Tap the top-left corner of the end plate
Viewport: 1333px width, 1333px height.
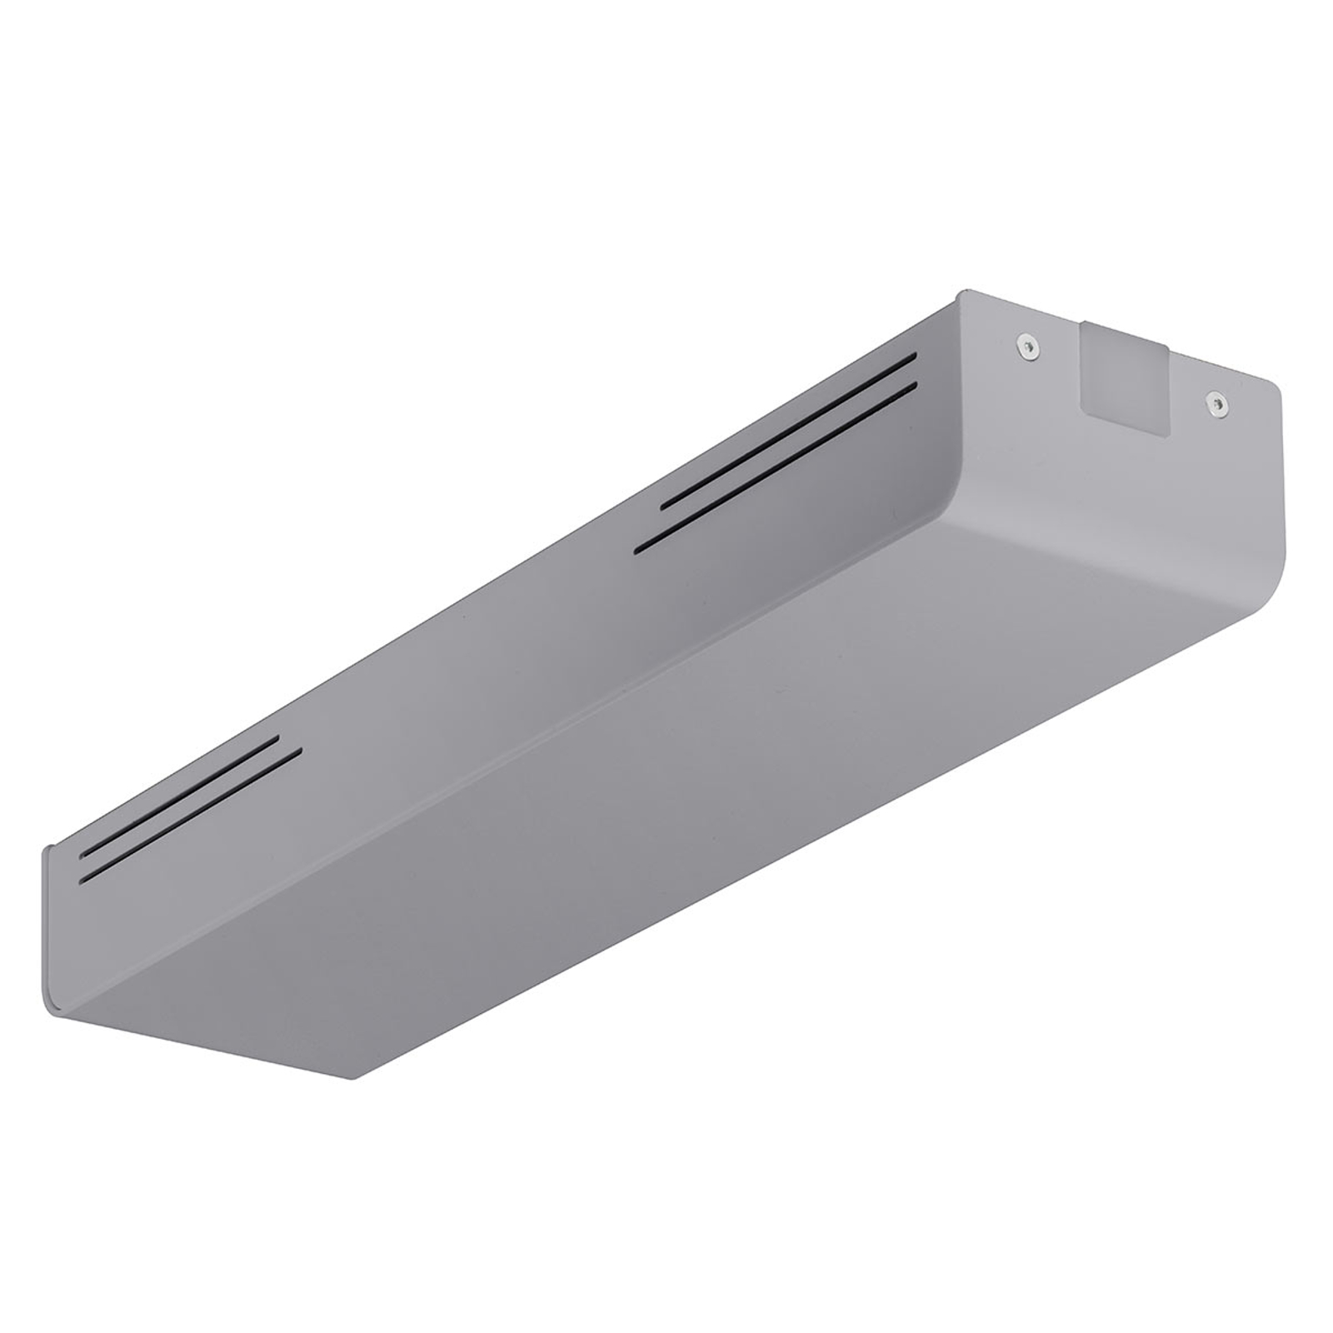[965, 293]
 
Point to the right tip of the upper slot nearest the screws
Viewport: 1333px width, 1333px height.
[915, 356]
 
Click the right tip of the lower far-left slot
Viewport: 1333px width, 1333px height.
[300, 751]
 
